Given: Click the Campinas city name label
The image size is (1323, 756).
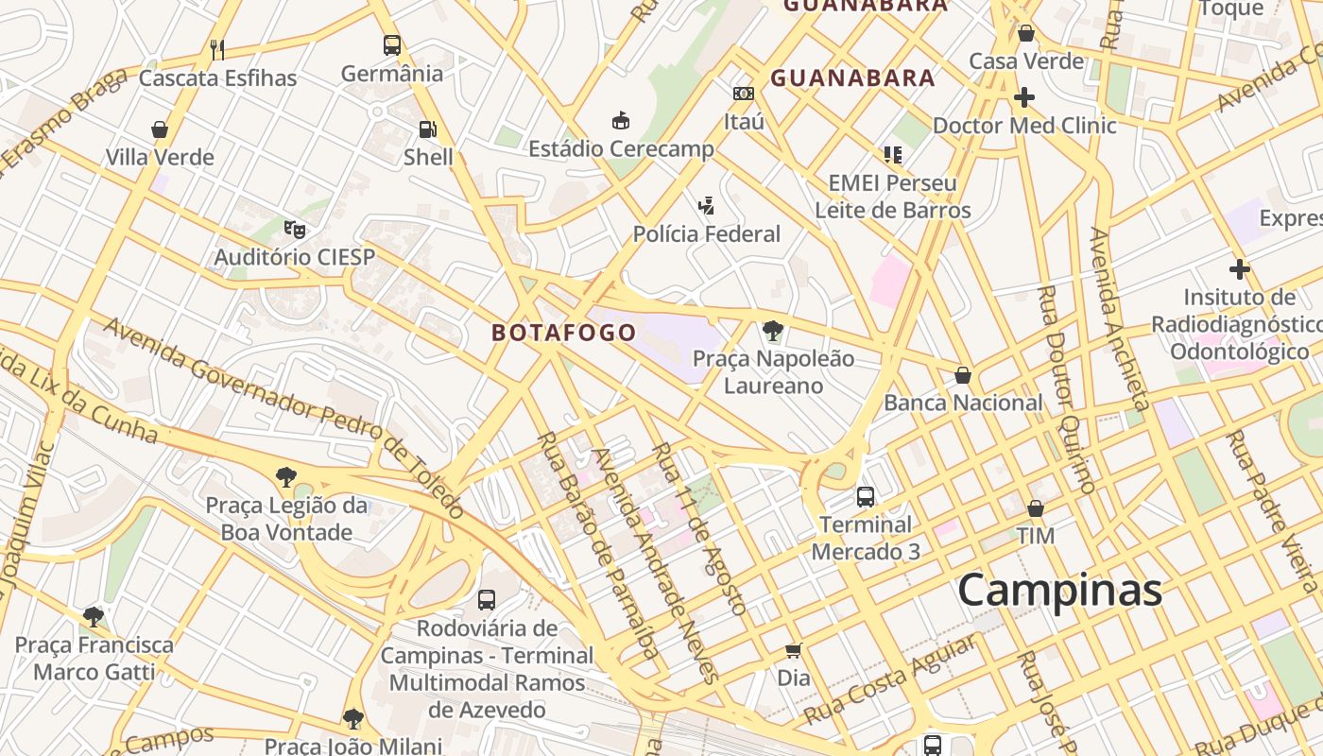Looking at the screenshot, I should (x=1059, y=591).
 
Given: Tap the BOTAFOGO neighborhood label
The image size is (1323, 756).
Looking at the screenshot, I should (x=563, y=333).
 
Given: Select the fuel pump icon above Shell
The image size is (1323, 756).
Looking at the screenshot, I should (x=428, y=129).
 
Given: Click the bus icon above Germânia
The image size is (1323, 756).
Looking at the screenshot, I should (x=392, y=44).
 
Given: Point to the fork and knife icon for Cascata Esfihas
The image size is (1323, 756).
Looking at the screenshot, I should (x=217, y=49).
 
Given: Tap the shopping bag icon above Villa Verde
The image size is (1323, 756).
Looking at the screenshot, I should (x=160, y=129).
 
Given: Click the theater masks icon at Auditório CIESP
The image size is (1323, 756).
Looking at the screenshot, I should (x=295, y=229).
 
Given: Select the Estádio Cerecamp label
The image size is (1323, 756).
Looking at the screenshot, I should (x=621, y=149).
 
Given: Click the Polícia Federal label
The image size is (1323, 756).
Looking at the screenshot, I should (x=706, y=234).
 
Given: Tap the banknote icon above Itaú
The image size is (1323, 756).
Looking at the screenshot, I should (x=744, y=94).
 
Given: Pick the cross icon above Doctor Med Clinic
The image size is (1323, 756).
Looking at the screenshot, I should (x=1024, y=97).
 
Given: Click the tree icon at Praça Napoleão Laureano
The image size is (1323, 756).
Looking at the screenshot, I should (x=773, y=331).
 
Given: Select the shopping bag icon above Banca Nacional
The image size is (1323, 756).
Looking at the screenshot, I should (x=963, y=375).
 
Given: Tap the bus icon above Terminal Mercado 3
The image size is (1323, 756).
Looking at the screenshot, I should (x=865, y=496).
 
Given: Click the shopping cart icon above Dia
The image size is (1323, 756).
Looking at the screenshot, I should (x=794, y=650).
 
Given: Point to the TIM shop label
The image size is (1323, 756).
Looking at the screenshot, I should (x=1036, y=536).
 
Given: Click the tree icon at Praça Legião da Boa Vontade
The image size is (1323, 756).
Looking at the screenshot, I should (x=286, y=477).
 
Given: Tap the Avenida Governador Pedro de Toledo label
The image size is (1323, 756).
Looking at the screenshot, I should (x=283, y=417).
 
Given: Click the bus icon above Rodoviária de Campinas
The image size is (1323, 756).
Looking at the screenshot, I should (x=487, y=599).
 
